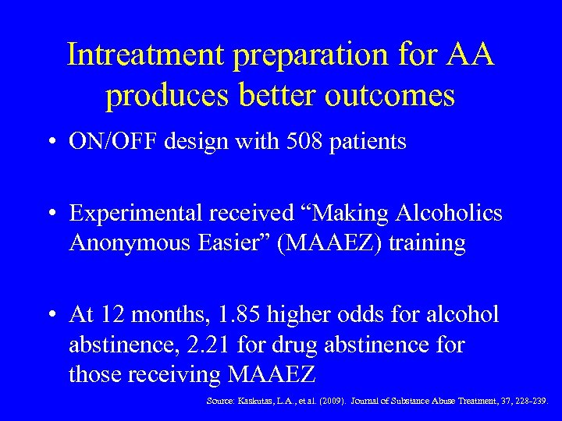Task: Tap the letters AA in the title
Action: [470, 55]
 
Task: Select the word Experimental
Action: [137, 213]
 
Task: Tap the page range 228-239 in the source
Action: [530, 402]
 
